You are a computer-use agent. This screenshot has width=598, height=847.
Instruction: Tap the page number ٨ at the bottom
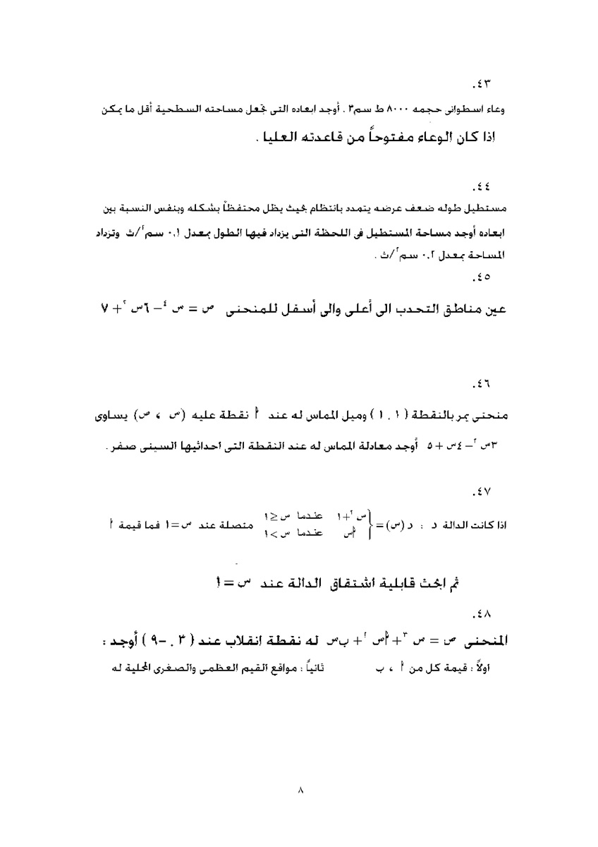point(300,790)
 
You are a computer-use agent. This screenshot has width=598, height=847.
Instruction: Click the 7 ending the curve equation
point(104,309)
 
